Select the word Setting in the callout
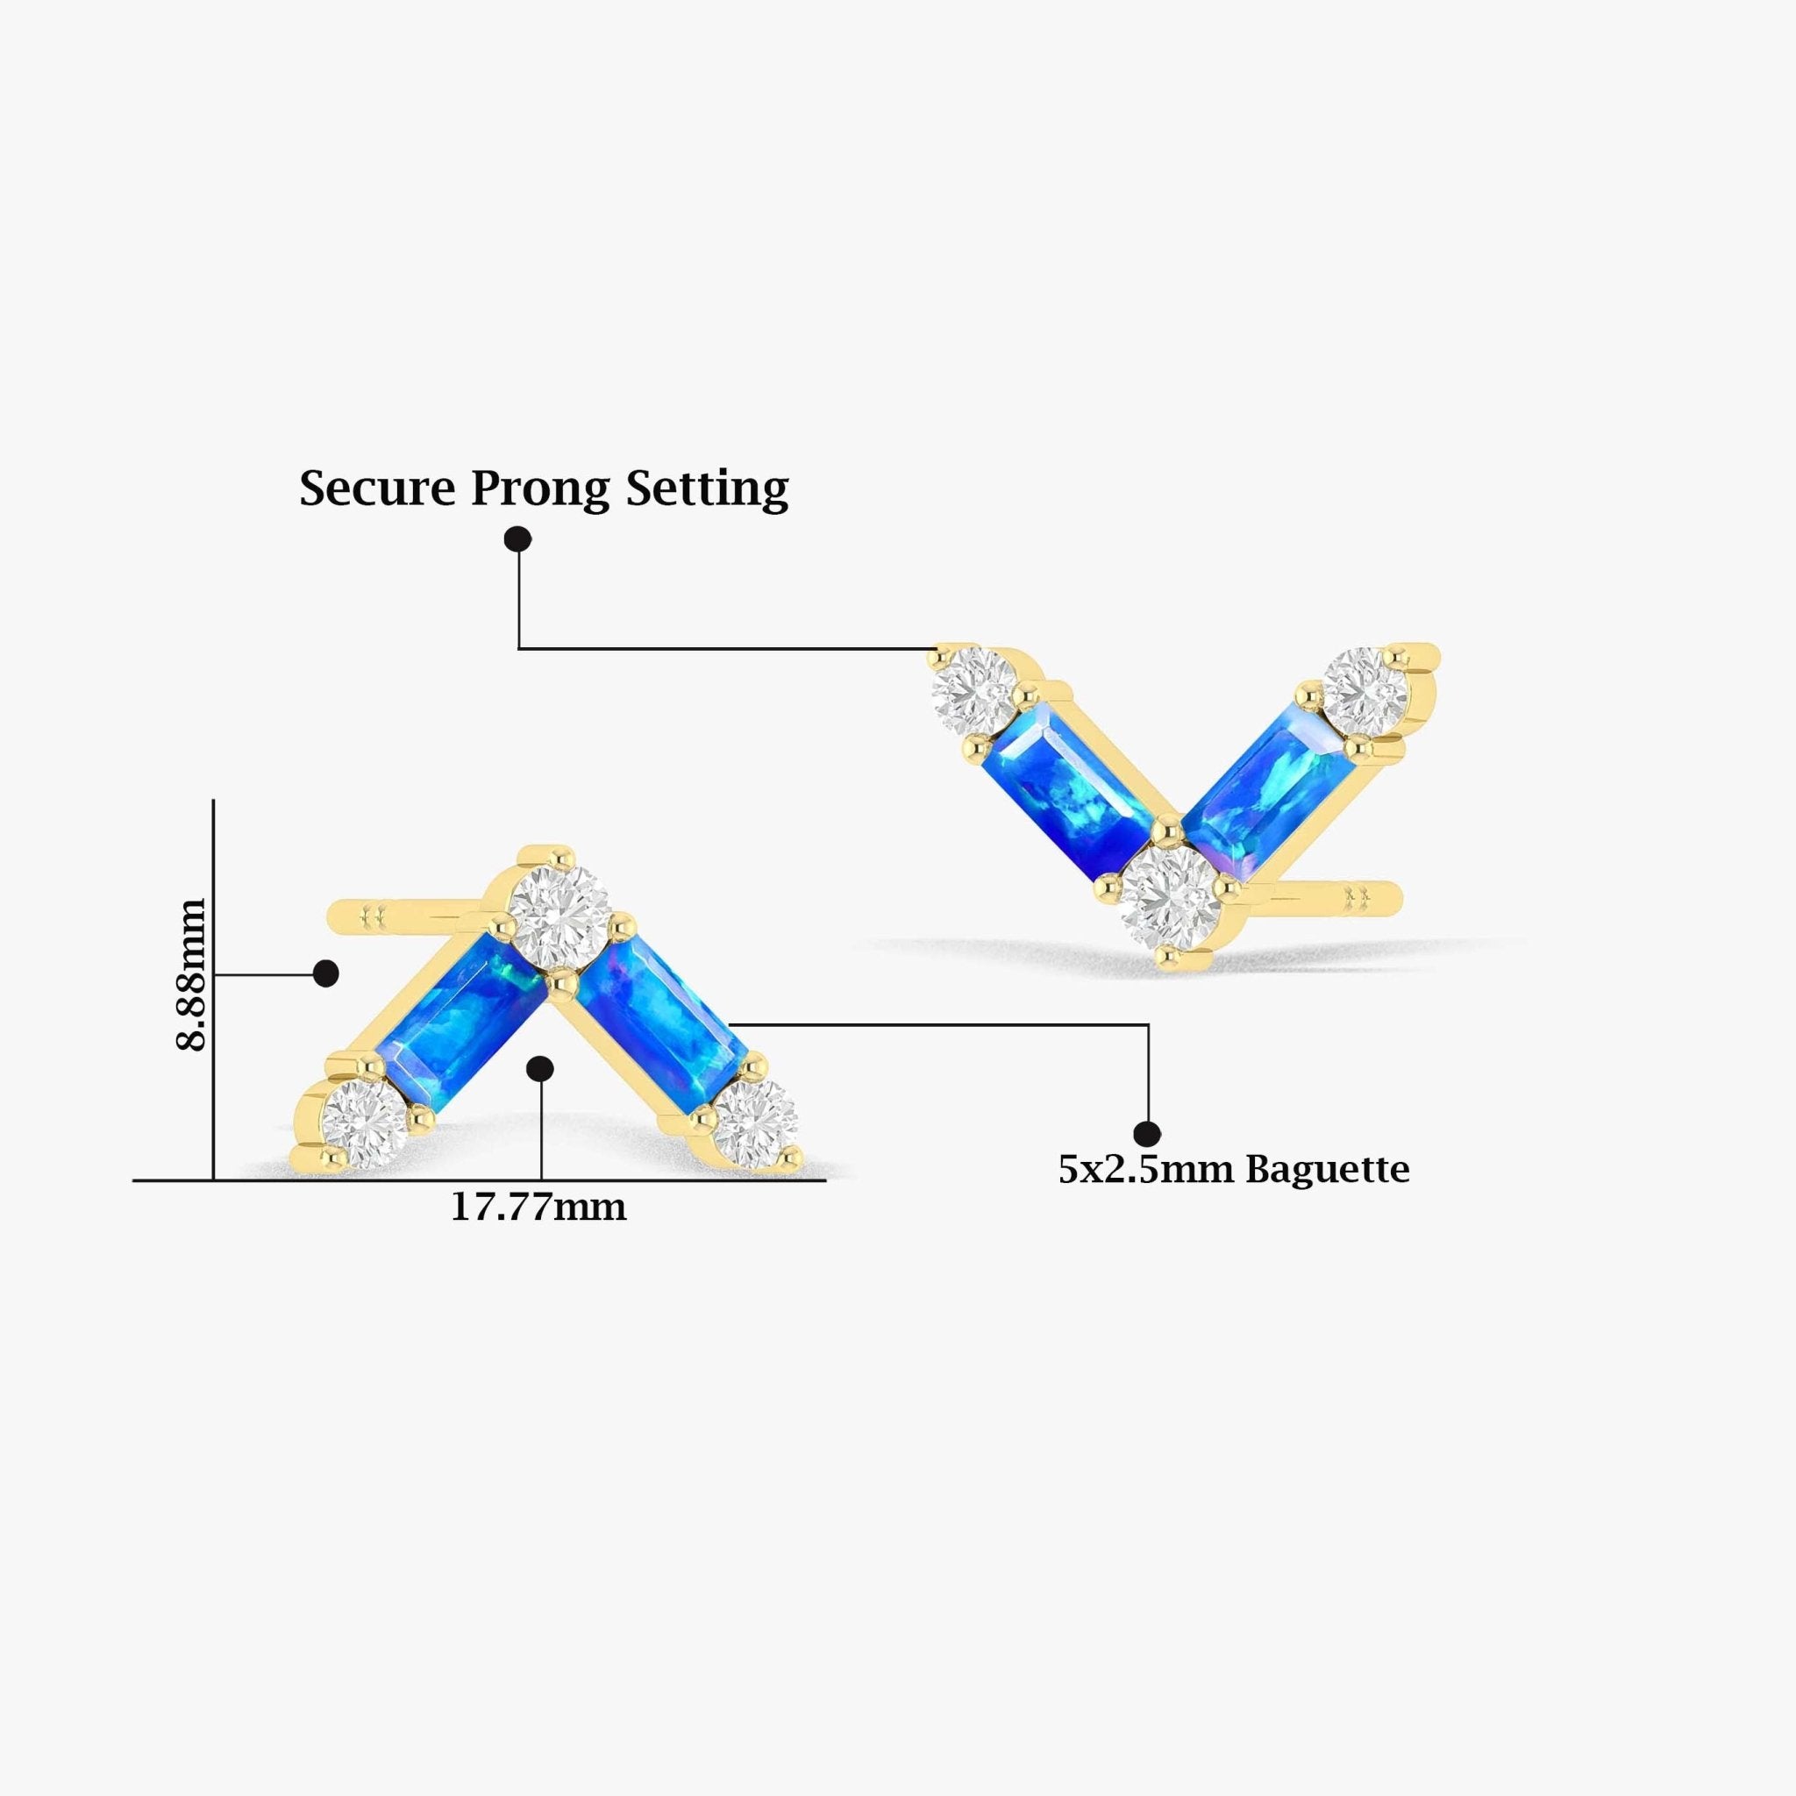(x=707, y=489)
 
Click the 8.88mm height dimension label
(x=190, y=974)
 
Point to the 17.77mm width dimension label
(x=538, y=1208)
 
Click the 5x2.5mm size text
(x=1147, y=1170)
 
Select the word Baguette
(x=1328, y=1170)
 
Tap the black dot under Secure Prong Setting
(x=517, y=538)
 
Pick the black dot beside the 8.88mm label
(x=325, y=973)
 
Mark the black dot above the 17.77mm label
(x=540, y=1069)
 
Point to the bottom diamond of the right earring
(x=1170, y=896)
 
